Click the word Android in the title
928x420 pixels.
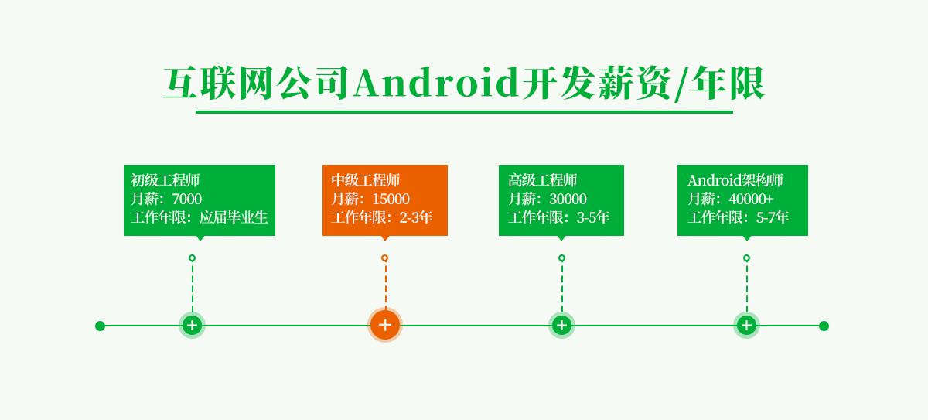point(436,84)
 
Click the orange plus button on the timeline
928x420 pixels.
point(385,325)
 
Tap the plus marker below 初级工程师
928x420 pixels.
point(192,325)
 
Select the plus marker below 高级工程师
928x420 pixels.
point(562,325)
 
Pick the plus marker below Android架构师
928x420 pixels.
point(746,325)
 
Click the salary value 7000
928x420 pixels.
point(186,199)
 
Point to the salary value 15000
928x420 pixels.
point(391,199)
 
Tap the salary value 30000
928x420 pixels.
point(568,199)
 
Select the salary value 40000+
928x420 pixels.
point(751,199)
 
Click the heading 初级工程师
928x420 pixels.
point(165,180)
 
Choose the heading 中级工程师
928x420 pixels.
point(366,180)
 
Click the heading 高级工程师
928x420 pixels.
point(543,180)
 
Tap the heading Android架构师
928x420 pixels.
point(735,180)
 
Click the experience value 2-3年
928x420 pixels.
point(416,217)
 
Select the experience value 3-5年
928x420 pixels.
point(593,217)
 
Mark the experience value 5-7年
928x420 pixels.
point(773,217)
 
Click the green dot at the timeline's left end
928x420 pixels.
point(100,326)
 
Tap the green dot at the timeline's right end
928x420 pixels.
point(824,326)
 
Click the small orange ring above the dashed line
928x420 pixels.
point(384,258)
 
